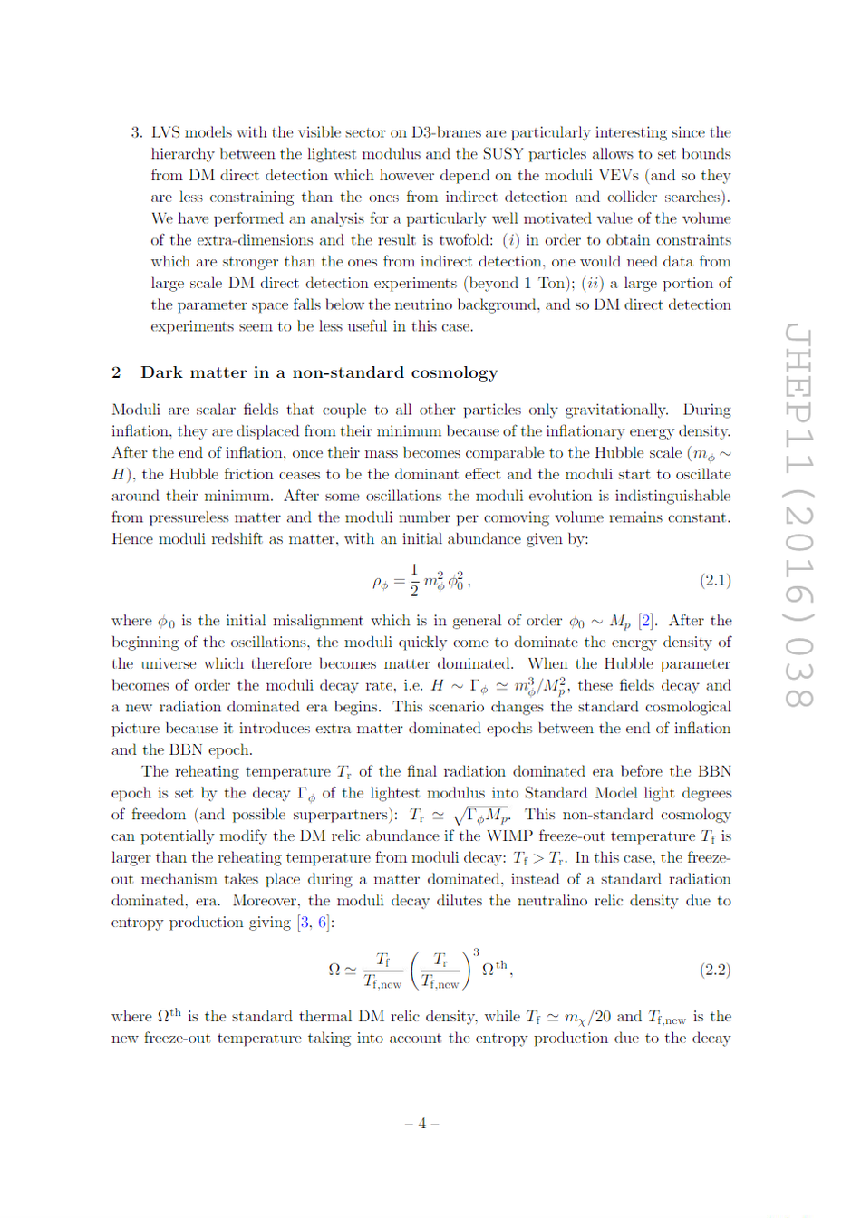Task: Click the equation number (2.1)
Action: click(x=715, y=581)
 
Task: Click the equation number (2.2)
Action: click(x=715, y=970)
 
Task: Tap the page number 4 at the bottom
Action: click(x=421, y=1124)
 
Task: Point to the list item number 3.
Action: click(x=136, y=132)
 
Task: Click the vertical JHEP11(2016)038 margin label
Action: click(x=798, y=517)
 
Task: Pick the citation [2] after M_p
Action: click(x=646, y=621)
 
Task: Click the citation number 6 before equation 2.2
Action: click(x=323, y=923)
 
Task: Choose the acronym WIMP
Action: click(x=535, y=836)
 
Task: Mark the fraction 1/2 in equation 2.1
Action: click(x=414, y=580)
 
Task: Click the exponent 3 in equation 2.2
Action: click(x=476, y=952)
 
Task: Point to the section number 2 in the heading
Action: click(x=116, y=373)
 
